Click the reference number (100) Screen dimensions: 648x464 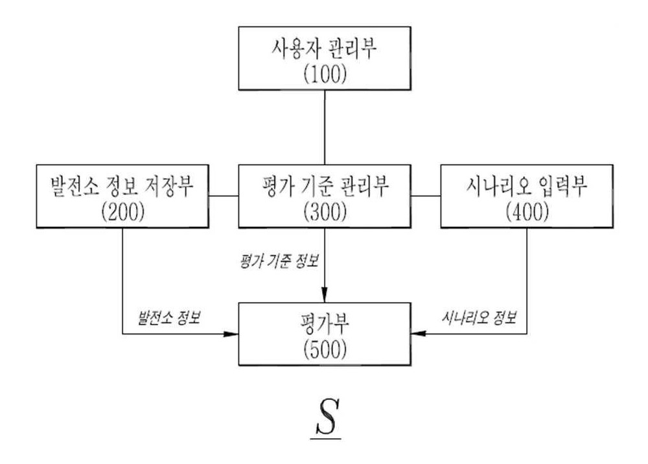coord(325,75)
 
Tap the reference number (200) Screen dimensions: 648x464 coord(122,213)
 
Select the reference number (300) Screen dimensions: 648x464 coord(325,213)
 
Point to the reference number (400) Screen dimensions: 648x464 coord(527,213)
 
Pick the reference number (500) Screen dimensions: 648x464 coord(325,350)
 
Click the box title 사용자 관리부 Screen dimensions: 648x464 coord(325,49)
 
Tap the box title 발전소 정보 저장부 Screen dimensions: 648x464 coord(122,187)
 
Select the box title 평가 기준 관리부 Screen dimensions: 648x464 coord(325,187)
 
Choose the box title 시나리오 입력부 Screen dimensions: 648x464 coord(527,187)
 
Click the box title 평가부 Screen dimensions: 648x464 coord(325,324)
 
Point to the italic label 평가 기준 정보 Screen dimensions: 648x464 coord(279,261)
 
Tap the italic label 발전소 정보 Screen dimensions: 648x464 coord(169,318)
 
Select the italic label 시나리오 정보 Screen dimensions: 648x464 coord(479,318)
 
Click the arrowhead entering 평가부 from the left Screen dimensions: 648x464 coord(231,334)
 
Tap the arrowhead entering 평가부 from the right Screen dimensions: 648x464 coord(419,334)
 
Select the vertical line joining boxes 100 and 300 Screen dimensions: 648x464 coord(325,127)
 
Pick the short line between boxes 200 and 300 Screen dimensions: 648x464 coord(224,196)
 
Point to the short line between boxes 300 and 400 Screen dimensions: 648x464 coord(426,196)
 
